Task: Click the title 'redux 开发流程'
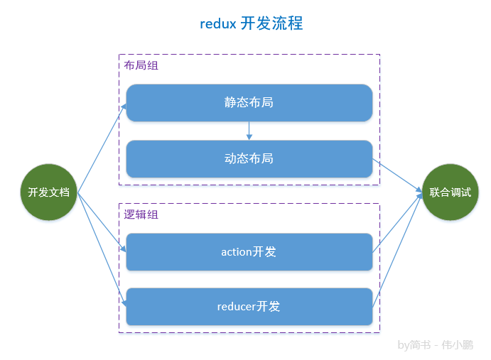point(252,23)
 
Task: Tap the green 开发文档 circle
point(48,192)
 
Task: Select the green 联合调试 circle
point(450,192)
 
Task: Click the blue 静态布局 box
point(249,102)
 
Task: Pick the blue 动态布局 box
point(249,158)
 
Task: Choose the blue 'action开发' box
point(249,252)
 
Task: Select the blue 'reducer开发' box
point(249,307)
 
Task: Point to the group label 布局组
point(141,65)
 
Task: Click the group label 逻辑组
point(141,214)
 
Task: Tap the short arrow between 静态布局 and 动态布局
point(249,131)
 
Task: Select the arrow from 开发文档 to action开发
point(102,222)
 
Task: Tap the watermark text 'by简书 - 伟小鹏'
point(435,345)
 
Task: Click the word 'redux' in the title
point(217,23)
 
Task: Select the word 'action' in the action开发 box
point(237,252)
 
